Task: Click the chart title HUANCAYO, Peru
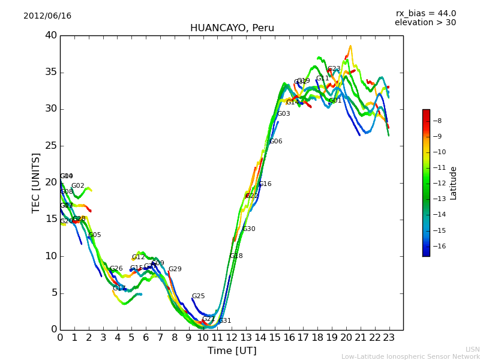[x=232, y=28]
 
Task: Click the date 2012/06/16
[x=47, y=16]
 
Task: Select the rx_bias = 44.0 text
[x=425, y=14]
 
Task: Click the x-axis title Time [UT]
[x=232, y=351]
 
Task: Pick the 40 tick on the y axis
[x=50, y=35]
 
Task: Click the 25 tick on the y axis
[x=50, y=146]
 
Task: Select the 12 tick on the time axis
[x=232, y=338]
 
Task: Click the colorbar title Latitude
[x=454, y=183]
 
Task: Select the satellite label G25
[x=198, y=296]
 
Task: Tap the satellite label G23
[x=334, y=69]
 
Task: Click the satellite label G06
[x=275, y=142]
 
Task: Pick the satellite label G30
[x=248, y=229]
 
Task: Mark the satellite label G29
[x=175, y=269]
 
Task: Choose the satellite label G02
[x=78, y=186]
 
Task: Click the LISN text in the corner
[x=472, y=349]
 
